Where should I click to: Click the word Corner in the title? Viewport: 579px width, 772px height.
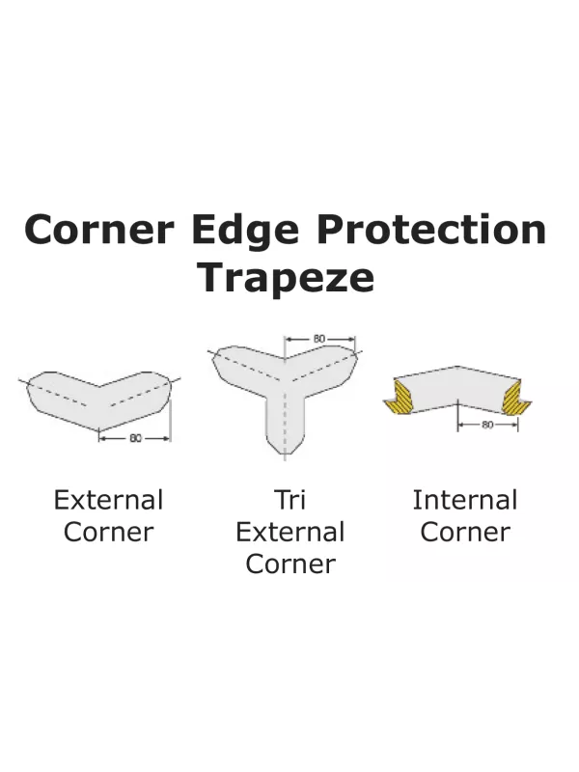99,231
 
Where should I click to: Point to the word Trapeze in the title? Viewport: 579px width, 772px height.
286,277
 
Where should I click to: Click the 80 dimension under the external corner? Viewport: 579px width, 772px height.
136,438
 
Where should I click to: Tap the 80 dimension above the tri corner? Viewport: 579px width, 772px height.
319,339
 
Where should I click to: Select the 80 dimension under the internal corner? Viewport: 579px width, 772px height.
486,424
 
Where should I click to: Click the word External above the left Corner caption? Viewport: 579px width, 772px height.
108,500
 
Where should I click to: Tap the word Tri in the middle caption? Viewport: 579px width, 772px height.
289,500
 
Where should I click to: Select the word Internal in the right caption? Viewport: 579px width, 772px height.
465,500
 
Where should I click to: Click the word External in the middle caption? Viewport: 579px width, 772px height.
289,532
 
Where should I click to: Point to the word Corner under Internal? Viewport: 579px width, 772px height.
465,532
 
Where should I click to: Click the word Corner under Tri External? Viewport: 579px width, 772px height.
289,564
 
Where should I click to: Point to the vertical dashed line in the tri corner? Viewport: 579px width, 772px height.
285,415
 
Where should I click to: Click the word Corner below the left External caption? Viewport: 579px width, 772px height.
108,532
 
